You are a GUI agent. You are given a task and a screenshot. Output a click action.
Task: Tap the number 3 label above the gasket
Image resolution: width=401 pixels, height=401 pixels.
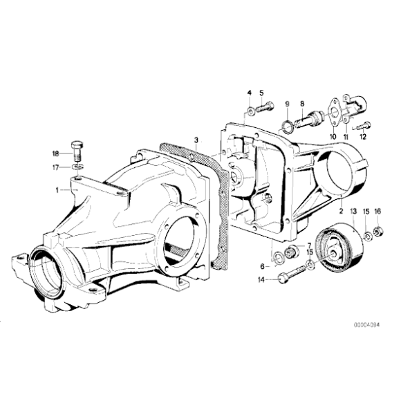click(196, 140)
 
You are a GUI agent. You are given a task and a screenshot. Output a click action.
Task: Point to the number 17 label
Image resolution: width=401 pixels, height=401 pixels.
click(55, 167)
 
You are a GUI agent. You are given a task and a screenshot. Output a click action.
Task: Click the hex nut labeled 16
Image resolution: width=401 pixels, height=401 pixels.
click(378, 230)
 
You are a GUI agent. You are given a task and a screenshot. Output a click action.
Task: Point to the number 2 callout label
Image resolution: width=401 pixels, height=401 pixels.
click(341, 206)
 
